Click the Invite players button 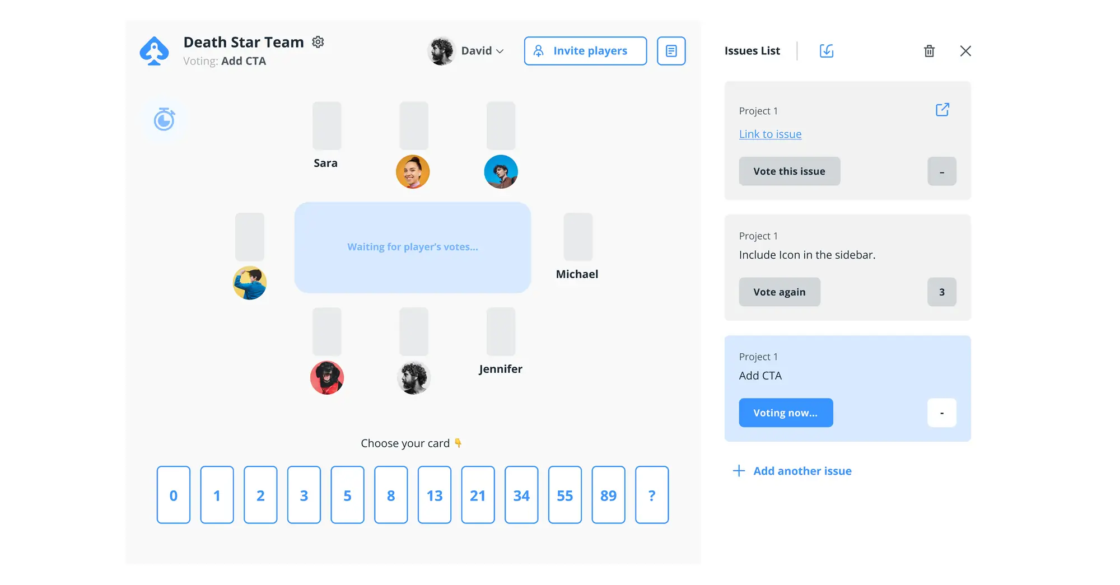click(x=585, y=51)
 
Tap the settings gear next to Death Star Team click(x=318, y=42)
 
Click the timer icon click(x=164, y=119)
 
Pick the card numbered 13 click(x=434, y=495)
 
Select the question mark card click(x=651, y=495)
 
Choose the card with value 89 click(x=608, y=495)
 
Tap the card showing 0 click(x=174, y=495)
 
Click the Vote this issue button click(x=789, y=171)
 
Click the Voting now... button click(x=786, y=413)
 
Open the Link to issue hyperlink click(x=770, y=134)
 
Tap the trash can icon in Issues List click(x=929, y=51)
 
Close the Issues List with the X click(x=965, y=51)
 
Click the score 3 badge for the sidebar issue click(x=941, y=292)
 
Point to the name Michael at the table click(x=577, y=274)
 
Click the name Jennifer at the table click(x=501, y=369)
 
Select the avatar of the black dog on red click(x=327, y=378)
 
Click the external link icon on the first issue click(x=942, y=110)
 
